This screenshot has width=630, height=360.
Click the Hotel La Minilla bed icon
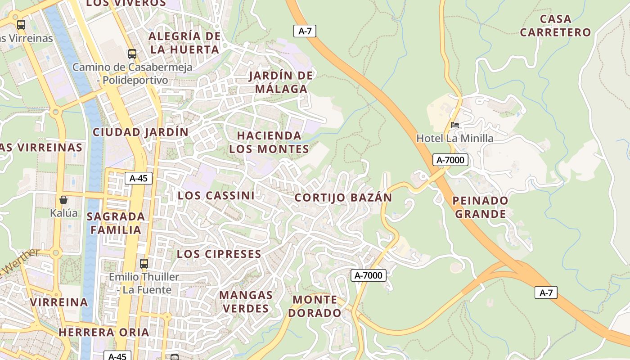pos(455,125)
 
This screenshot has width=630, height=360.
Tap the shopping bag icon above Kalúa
pos(63,200)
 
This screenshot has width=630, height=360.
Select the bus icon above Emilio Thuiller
pos(144,263)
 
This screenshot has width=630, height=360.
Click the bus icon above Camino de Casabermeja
pos(132,54)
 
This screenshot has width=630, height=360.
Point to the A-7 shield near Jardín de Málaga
pos(305,31)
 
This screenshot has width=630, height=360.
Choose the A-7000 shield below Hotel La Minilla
pos(450,160)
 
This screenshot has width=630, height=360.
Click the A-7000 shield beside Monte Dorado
pos(369,275)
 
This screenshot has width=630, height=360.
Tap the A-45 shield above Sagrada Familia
pos(139,178)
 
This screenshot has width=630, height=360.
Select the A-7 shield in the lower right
pos(546,293)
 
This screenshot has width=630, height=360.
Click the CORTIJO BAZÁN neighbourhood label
pos(343,198)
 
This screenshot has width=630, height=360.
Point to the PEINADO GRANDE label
pos(480,207)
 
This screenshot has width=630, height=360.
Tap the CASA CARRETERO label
pos(555,26)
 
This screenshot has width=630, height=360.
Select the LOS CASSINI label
pos(216,196)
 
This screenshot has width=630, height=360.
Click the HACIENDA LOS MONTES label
pos(269,142)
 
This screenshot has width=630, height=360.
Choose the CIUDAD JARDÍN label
pos(140,132)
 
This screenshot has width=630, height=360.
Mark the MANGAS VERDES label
pos(246,302)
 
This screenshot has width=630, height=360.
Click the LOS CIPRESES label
pos(219,254)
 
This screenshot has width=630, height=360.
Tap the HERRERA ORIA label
pos(103,332)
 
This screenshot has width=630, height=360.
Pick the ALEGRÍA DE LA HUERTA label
pos(185,43)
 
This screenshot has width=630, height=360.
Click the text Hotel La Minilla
pos(455,139)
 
